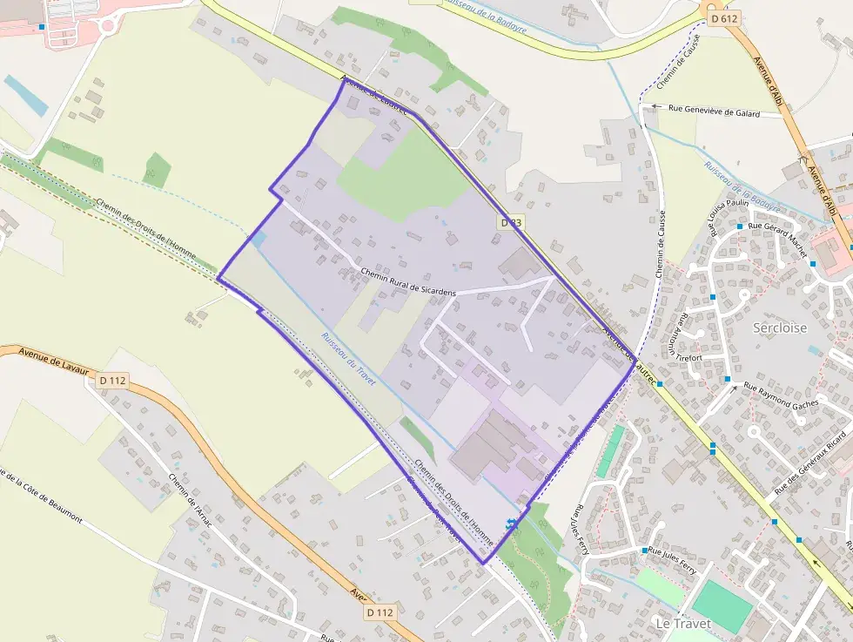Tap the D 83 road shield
click(511, 223)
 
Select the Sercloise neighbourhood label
click(780, 328)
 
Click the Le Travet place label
click(683, 624)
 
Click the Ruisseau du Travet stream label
click(347, 358)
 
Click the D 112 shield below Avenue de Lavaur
click(113, 380)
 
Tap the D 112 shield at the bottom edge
click(379, 612)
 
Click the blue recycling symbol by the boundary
click(511, 524)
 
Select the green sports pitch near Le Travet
click(722, 606)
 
